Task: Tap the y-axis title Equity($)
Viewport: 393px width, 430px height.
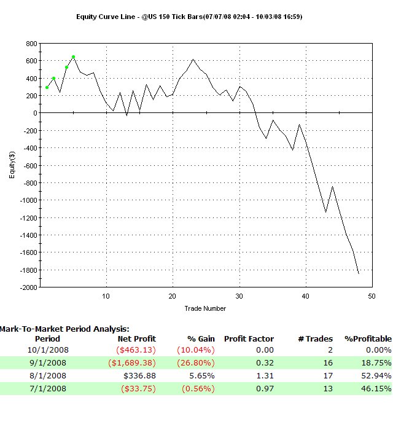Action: pyautogui.click(x=12, y=166)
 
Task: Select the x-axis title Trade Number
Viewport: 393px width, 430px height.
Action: pyautogui.click(x=205, y=308)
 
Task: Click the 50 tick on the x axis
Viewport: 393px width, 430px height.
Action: pyautogui.click(x=371, y=296)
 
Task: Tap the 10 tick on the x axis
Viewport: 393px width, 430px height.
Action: pyautogui.click(x=106, y=296)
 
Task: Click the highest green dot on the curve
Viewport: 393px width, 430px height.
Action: pyautogui.click(x=73, y=57)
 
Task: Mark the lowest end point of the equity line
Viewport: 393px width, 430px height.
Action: pyautogui.click(x=359, y=274)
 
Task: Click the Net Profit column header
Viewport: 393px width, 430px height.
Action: pyautogui.click(x=136, y=338)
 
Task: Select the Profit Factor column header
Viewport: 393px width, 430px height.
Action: pyautogui.click(x=249, y=338)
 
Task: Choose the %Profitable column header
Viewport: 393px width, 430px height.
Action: pyautogui.click(x=367, y=338)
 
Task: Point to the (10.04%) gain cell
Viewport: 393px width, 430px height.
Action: pyautogui.click(x=192, y=350)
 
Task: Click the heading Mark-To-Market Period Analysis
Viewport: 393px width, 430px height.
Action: pyautogui.click(x=64, y=329)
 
